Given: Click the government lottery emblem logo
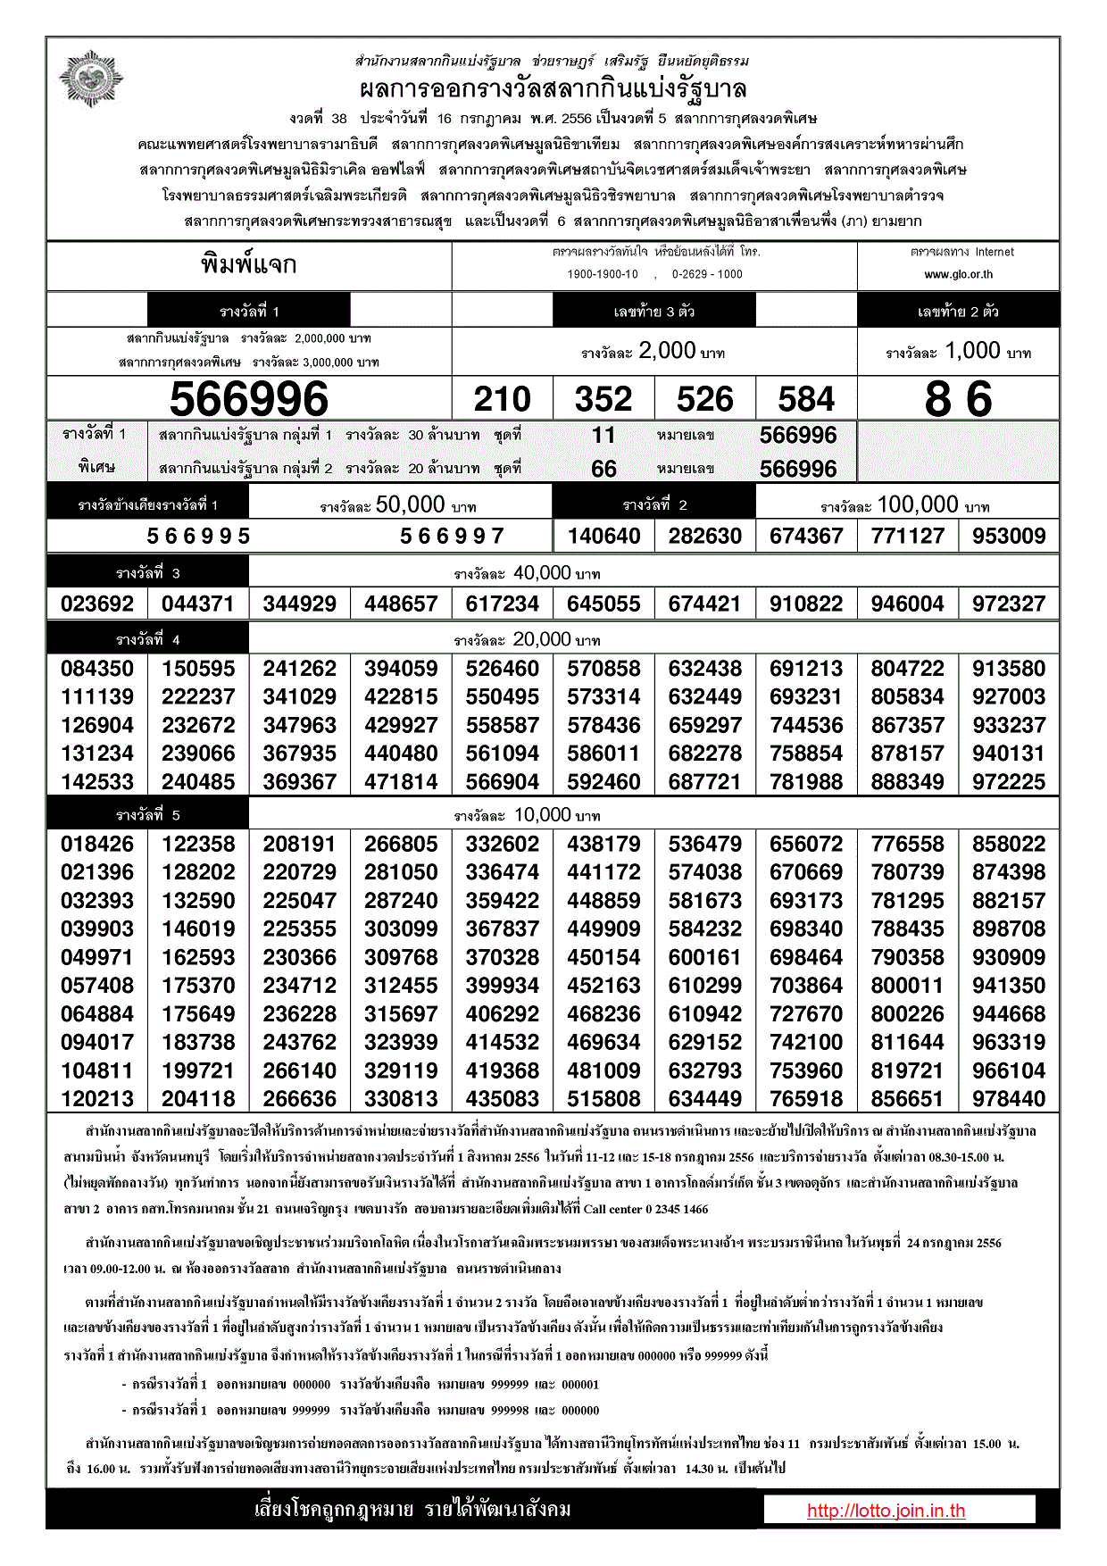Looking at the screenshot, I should pyautogui.click(x=90, y=79).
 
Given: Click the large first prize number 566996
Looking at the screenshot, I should pyautogui.click(x=249, y=399).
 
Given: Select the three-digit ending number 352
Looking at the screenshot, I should pyautogui.click(x=603, y=399).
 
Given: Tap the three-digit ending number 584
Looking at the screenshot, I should pyautogui.click(x=806, y=399).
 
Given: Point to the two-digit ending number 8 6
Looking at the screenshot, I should pyautogui.click(x=958, y=399).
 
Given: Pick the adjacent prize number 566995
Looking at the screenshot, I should pyautogui.click(x=198, y=536).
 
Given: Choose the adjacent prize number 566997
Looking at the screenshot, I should pyautogui.click(x=452, y=536).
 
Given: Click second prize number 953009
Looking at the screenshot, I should pyautogui.click(x=1009, y=536).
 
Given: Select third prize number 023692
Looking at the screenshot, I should pyautogui.click(x=97, y=604).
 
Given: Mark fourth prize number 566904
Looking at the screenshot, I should pyautogui.click(x=503, y=782).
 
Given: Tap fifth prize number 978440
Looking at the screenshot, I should pyautogui.click(x=1009, y=1099).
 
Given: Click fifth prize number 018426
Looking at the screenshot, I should pyautogui.click(x=97, y=845).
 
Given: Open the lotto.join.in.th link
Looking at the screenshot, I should pyautogui.click(x=886, y=1511).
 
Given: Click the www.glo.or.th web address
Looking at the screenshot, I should pyautogui.click(x=958, y=275).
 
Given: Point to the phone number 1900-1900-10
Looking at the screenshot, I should pyautogui.click(x=603, y=275).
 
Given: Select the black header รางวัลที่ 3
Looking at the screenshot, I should pyautogui.click(x=148, y=573).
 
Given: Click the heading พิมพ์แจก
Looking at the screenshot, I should pyautogui.click(x=249, y=265).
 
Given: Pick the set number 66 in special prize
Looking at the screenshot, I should pyautogui.click(x=603, y=469).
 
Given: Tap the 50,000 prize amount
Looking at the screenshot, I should pyautogui.click(x=410, y=504).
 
